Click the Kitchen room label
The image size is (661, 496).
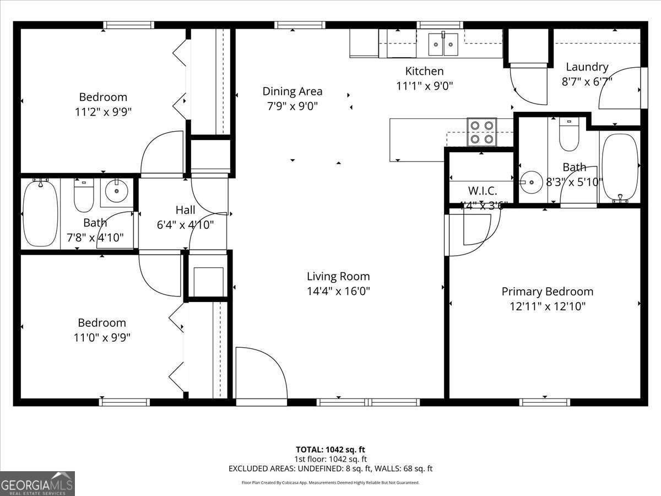click(424, 71)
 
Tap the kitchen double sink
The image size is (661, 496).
click(443, 44)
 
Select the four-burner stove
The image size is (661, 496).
click(482, 132)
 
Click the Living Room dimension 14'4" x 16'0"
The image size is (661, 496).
click(338, 291)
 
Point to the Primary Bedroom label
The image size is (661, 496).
click(547, 292)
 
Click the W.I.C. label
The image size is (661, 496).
click(483, 191)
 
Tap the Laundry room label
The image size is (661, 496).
click(587, 67)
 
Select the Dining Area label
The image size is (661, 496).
click(292, 91)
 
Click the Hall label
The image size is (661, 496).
click(185, 210)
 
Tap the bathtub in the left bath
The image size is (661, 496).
click(40, 213)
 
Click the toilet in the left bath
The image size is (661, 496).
click(84, 197)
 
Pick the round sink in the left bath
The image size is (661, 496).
click(116, 192)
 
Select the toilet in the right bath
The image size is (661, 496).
click(568, 135)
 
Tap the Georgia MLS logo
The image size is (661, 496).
click(37, 483)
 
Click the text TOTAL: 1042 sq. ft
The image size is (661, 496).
click(330, 449)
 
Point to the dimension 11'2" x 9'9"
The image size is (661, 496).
click(104, 112)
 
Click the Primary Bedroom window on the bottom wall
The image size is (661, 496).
click(545, 402)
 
